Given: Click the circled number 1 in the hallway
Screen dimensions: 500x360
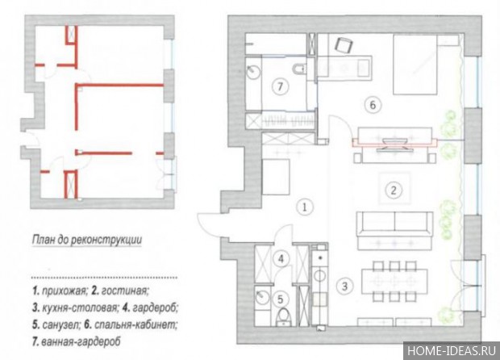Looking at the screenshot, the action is [305, 207].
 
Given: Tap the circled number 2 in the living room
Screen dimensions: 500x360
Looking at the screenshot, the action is [394, 190].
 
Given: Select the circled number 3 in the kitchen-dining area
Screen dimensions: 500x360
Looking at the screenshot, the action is [344, 286].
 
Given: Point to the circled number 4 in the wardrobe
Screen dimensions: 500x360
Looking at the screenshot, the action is [281, 258].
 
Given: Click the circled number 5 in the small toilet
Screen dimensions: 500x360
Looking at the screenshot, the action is [280, 299].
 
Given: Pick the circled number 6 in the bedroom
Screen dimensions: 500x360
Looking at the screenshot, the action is [373, 104].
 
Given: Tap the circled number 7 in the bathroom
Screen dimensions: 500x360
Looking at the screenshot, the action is [280, 86].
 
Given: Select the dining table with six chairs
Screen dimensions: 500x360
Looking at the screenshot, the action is [394, 281].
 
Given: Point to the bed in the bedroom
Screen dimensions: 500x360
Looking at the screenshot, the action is [415, 65].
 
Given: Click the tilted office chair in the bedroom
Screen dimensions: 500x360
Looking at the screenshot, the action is [344, 45].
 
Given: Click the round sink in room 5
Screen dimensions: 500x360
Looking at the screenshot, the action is [262, 298].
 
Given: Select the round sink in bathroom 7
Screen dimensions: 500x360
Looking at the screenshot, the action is [254, 72].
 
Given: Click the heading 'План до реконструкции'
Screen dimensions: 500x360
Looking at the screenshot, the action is [87, 240].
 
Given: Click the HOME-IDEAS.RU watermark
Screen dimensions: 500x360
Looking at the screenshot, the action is [452, 351].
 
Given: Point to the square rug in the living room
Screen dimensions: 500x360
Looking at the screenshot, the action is [394, 188].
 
